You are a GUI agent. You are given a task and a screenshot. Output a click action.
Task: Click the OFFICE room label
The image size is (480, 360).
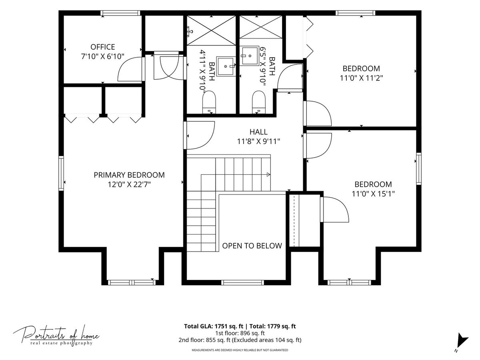tap(102, 47)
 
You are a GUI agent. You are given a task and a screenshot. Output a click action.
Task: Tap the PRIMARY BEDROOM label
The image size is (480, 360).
tap(129, 175)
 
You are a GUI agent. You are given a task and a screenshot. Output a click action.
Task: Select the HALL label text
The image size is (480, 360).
tap(258, 132)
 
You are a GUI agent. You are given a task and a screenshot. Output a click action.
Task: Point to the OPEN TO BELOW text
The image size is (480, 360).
tap(252, 246)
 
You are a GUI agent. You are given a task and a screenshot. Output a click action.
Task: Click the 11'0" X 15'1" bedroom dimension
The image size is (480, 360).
tap(373, 194)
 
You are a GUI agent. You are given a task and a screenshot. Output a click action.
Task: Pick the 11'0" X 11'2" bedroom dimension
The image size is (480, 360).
tap(361, 78)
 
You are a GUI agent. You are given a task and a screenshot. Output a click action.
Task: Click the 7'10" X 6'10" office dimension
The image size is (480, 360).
tap(102, 57)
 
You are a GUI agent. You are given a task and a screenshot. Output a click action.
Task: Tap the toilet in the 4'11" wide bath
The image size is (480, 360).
tap(209, 102)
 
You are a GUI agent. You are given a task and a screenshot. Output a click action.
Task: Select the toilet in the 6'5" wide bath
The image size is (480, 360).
tap(258, 102)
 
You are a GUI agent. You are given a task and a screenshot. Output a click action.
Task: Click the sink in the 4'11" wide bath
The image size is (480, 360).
tap(226, 66)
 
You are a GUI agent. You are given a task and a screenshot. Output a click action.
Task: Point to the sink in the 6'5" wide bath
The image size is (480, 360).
tap(249, 56)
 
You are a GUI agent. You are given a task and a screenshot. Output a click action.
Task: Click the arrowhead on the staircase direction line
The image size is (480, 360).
tap(268, 174)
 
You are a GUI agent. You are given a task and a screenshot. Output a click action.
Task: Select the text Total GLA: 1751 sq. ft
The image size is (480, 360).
tap(214, 326)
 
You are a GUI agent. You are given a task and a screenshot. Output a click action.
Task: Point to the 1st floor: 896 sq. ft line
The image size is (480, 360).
tap(240, 333)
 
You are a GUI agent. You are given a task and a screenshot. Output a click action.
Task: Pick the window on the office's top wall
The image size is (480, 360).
tap(120, 13)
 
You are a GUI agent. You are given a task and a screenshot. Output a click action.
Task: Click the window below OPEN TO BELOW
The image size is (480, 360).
tap(242, 282)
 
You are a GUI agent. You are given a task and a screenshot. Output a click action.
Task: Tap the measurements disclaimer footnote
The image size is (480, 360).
tap(240, 350)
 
